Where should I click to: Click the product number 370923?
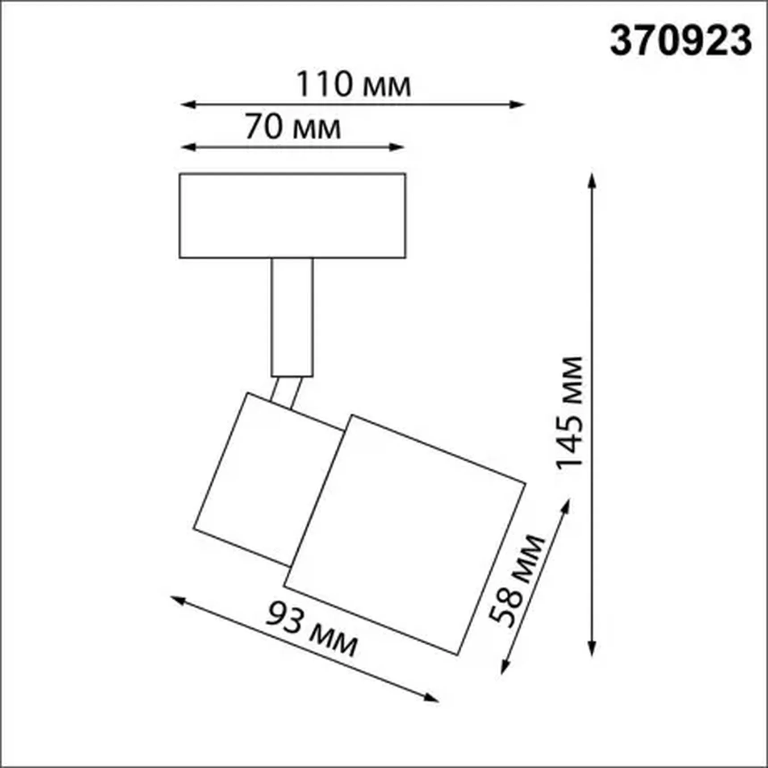point(680,41)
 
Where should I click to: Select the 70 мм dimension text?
point(293,127)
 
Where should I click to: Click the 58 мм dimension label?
point(517,580)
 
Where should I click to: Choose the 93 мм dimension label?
point(311,629)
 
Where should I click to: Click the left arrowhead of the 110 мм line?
point(187,105)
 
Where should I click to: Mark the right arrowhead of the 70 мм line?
point(398,147)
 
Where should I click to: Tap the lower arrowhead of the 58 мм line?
point(504,667)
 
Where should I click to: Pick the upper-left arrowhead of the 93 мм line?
point(177,600)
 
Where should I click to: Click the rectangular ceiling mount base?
point(292,216)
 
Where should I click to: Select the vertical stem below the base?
point(292,317)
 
